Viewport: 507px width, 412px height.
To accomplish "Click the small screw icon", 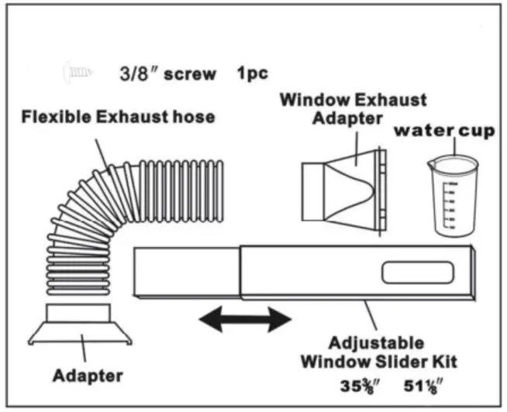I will click(x=77, y=74).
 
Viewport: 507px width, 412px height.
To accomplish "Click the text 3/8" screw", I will click(x=167, y=75).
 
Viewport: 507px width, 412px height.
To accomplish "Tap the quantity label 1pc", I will click(x=253, y=74).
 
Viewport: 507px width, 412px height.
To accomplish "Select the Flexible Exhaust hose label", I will click(x=118, y=118).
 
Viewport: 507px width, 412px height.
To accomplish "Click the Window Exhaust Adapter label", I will click(x=353, y=109).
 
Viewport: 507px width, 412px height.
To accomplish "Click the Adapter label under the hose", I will click(x=88, y=376).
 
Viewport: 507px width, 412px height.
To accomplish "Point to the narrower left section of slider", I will click(x=186, y=272).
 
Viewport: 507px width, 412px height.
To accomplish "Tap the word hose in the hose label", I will click(x=195, y=118).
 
